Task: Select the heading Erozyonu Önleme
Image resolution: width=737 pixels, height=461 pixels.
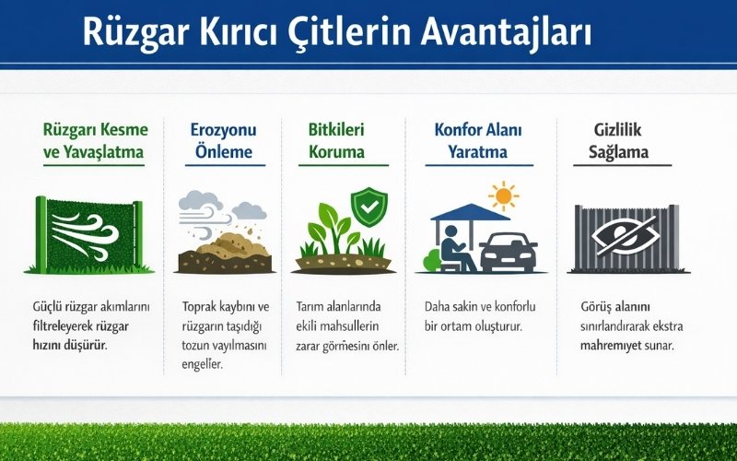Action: [x=223, y=141]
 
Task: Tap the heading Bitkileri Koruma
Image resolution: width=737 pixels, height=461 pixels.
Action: [x=336, y=141]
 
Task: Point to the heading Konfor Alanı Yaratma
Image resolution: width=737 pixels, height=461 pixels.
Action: [x=478, y=141]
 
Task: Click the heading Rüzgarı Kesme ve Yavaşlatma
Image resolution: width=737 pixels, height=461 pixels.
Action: [x=94, y=141]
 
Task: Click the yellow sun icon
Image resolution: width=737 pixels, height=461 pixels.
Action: [x=503, y=195]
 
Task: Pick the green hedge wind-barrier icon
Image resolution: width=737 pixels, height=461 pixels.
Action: [x=89, y=234]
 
